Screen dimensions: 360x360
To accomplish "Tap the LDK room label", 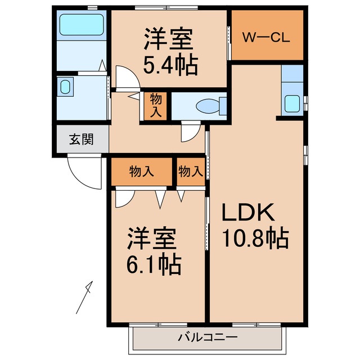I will pos(247,213).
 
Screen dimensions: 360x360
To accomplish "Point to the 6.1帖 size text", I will pos(153,262).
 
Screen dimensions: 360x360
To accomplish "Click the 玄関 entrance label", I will pos(81,139).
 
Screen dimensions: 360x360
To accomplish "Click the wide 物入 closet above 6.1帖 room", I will pos(141,172).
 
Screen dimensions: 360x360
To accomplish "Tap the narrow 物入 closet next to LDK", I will pos(190,172).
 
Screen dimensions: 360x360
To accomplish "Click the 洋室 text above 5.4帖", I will pos(168,40).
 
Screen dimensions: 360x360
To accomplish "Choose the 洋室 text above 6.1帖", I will pos(152,238).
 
